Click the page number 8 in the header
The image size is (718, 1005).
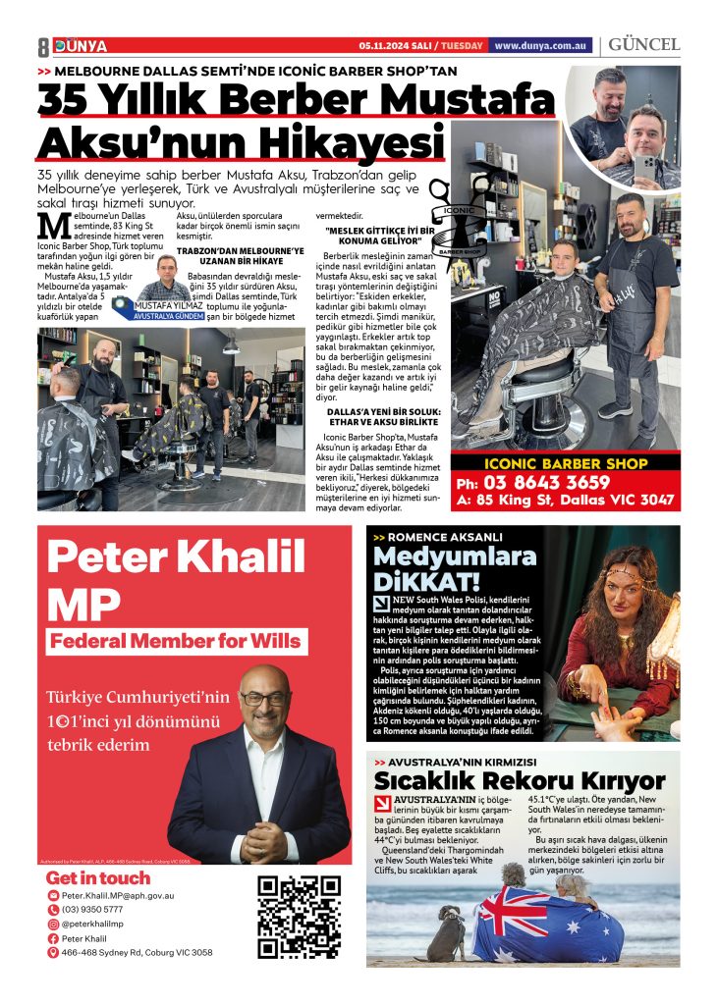(43, 46)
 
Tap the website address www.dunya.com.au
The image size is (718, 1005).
(540, 45)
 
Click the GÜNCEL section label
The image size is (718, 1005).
(644, 45)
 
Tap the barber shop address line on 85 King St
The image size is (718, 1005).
(565, 500)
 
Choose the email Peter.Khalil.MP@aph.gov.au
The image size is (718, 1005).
(117, 895)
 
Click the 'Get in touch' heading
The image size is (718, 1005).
(98, 877)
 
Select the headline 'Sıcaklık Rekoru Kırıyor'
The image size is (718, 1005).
(520, 781)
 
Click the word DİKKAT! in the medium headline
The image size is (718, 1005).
(430, 581)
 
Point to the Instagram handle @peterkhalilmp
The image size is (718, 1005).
(93, 924)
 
